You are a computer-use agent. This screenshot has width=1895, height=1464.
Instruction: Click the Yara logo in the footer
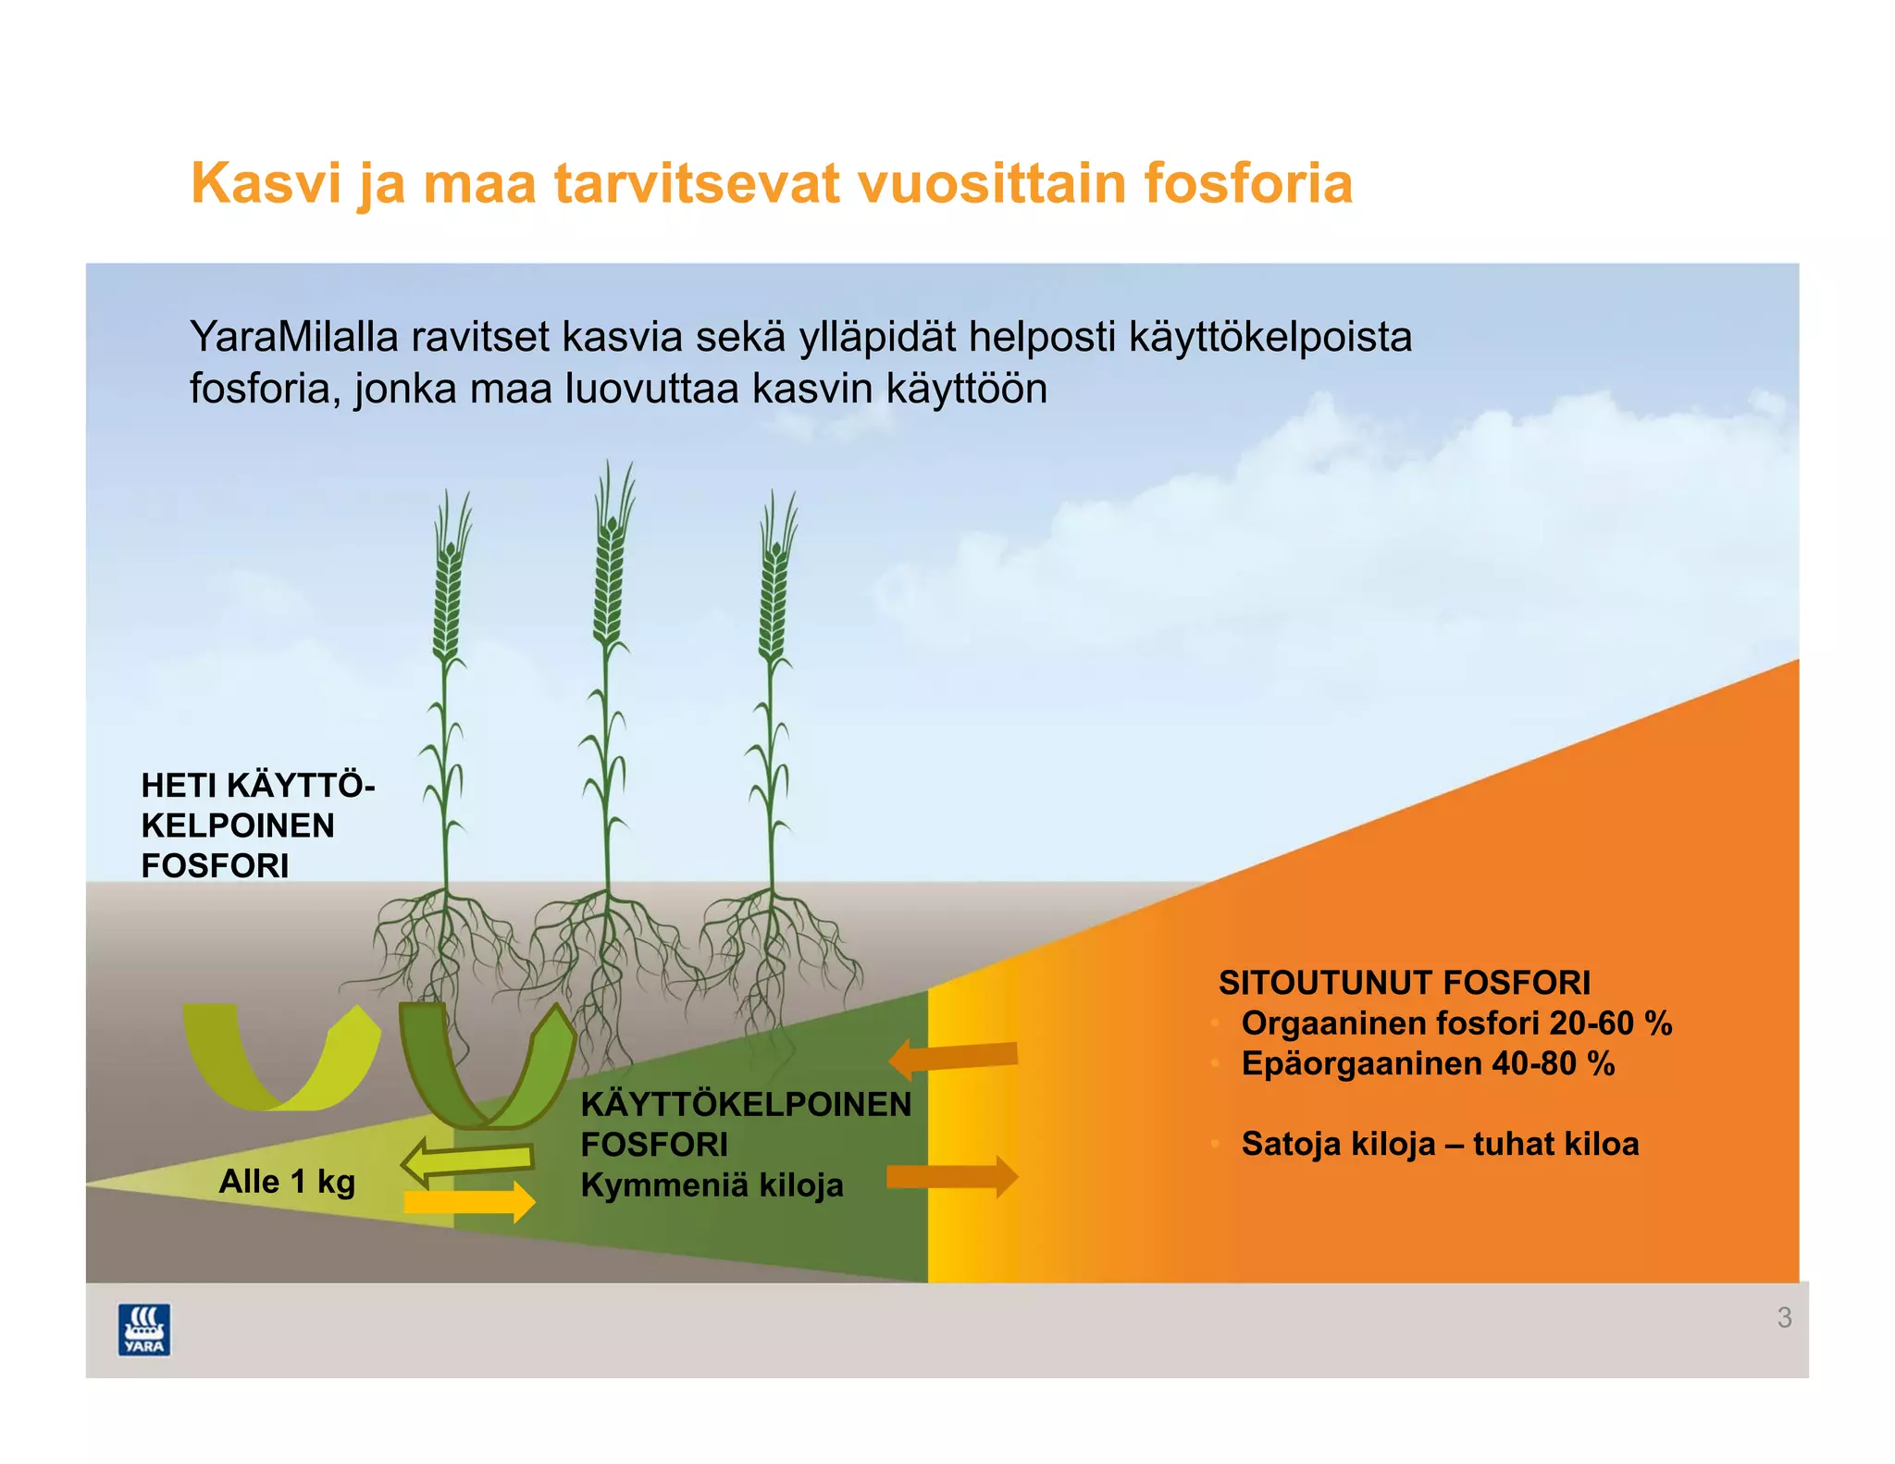pyautogui.click(x=144, y=1329)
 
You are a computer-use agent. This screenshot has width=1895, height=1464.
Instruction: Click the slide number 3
pyautogui.click(x=1784, y=1318)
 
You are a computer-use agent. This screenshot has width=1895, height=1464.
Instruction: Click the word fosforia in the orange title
pyautogui.click(x=1248, y=183)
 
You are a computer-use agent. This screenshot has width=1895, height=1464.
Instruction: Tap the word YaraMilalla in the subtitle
pyautogui.click(x=293, y=337)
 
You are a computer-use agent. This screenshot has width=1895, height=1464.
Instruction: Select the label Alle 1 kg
pyautogui.click(x=287, y=1182)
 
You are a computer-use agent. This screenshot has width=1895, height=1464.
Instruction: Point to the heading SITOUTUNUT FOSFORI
pyautogui.click(x=1404, y=983)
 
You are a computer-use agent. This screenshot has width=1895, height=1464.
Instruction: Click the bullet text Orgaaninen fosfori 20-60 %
pyautogui.click(x=1455, y=1024)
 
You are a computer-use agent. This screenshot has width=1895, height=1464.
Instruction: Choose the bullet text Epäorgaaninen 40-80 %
pyautogui.click(x=1427, y=1064)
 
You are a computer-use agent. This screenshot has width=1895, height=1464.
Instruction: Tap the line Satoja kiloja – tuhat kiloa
pyautogui.click(x=1439, y=1144)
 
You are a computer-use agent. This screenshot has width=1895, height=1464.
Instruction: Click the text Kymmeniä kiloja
pyautogui.click(x=712, y=1185)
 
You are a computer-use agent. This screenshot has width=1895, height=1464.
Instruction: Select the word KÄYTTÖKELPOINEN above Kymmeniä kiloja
pyautogui.click(x=745, y=1104)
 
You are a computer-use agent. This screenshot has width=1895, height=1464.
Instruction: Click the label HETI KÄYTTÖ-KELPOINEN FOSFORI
pyautogui.click(x=256, y=825)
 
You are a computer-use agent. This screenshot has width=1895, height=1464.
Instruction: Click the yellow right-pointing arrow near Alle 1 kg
pyautogui.click(x=470, y=1202)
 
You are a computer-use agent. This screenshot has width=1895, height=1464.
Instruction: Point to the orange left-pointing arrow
pyautogui.click(x=953, y=1058)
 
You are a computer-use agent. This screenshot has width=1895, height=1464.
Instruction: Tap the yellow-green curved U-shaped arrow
pyautogui.click(x=281, y=1058)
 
